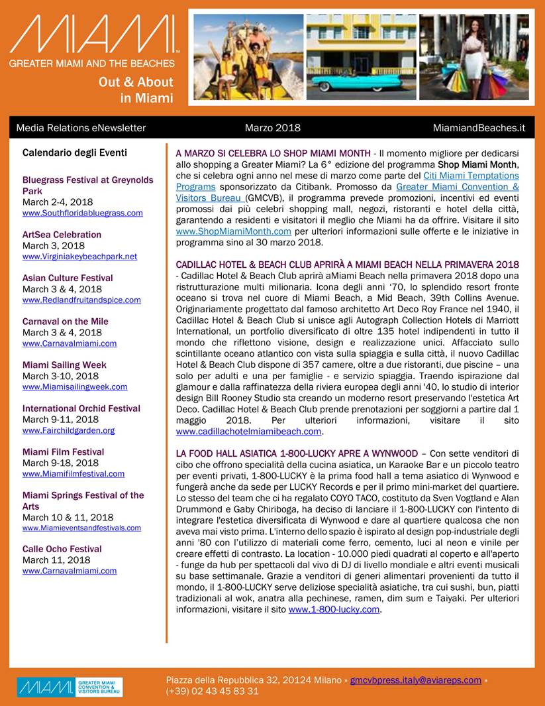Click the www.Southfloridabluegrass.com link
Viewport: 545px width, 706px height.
coord(82,213)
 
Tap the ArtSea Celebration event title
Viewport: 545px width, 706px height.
coord(62,235)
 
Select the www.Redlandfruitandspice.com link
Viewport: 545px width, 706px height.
coord(81,300)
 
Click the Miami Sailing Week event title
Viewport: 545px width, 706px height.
coord(64,365)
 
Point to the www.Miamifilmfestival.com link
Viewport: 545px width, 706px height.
coord(74,474)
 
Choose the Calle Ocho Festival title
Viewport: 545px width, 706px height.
coord(62,549)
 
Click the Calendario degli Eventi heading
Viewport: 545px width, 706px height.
coord(74,152)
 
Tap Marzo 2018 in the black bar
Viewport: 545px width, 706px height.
coord(272,128)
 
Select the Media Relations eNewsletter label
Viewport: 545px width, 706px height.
coord(81,128)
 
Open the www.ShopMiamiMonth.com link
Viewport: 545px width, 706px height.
coord(234,231)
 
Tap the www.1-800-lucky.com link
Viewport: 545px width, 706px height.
coord(334,609)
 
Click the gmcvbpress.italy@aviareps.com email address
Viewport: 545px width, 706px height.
coord(415,680)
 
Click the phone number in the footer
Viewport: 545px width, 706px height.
coord(212,691)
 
